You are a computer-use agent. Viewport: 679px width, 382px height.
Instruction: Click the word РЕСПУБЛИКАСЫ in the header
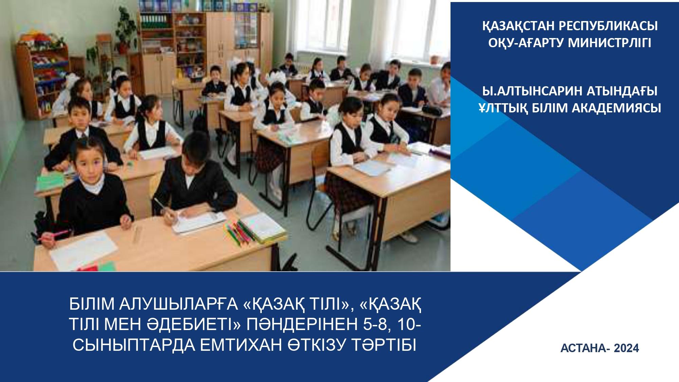coord(609,26)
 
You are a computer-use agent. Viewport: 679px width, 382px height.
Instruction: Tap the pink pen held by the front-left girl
coord(54,235)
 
